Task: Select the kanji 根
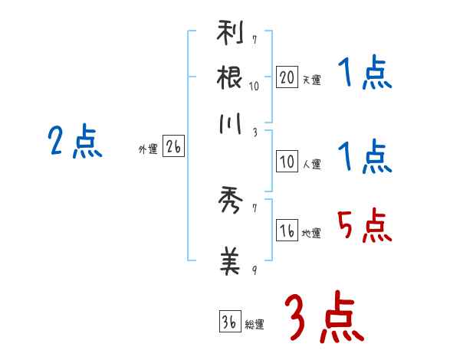[230, 78]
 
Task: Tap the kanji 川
[230, 126]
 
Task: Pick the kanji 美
[230, 260]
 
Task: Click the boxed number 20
[287, 77]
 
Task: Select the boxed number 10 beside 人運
[287, 162]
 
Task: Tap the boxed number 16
[287, 231]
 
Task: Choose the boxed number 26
[173, 148]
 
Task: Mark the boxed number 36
[229, 322]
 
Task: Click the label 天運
[312, 80]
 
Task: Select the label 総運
[255, 324]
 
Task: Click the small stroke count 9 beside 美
[254, 270]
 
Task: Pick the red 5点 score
[364, 227]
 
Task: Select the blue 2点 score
[75, 142]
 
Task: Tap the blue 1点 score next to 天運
[364, 75]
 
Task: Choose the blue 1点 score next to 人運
[364, 158]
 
